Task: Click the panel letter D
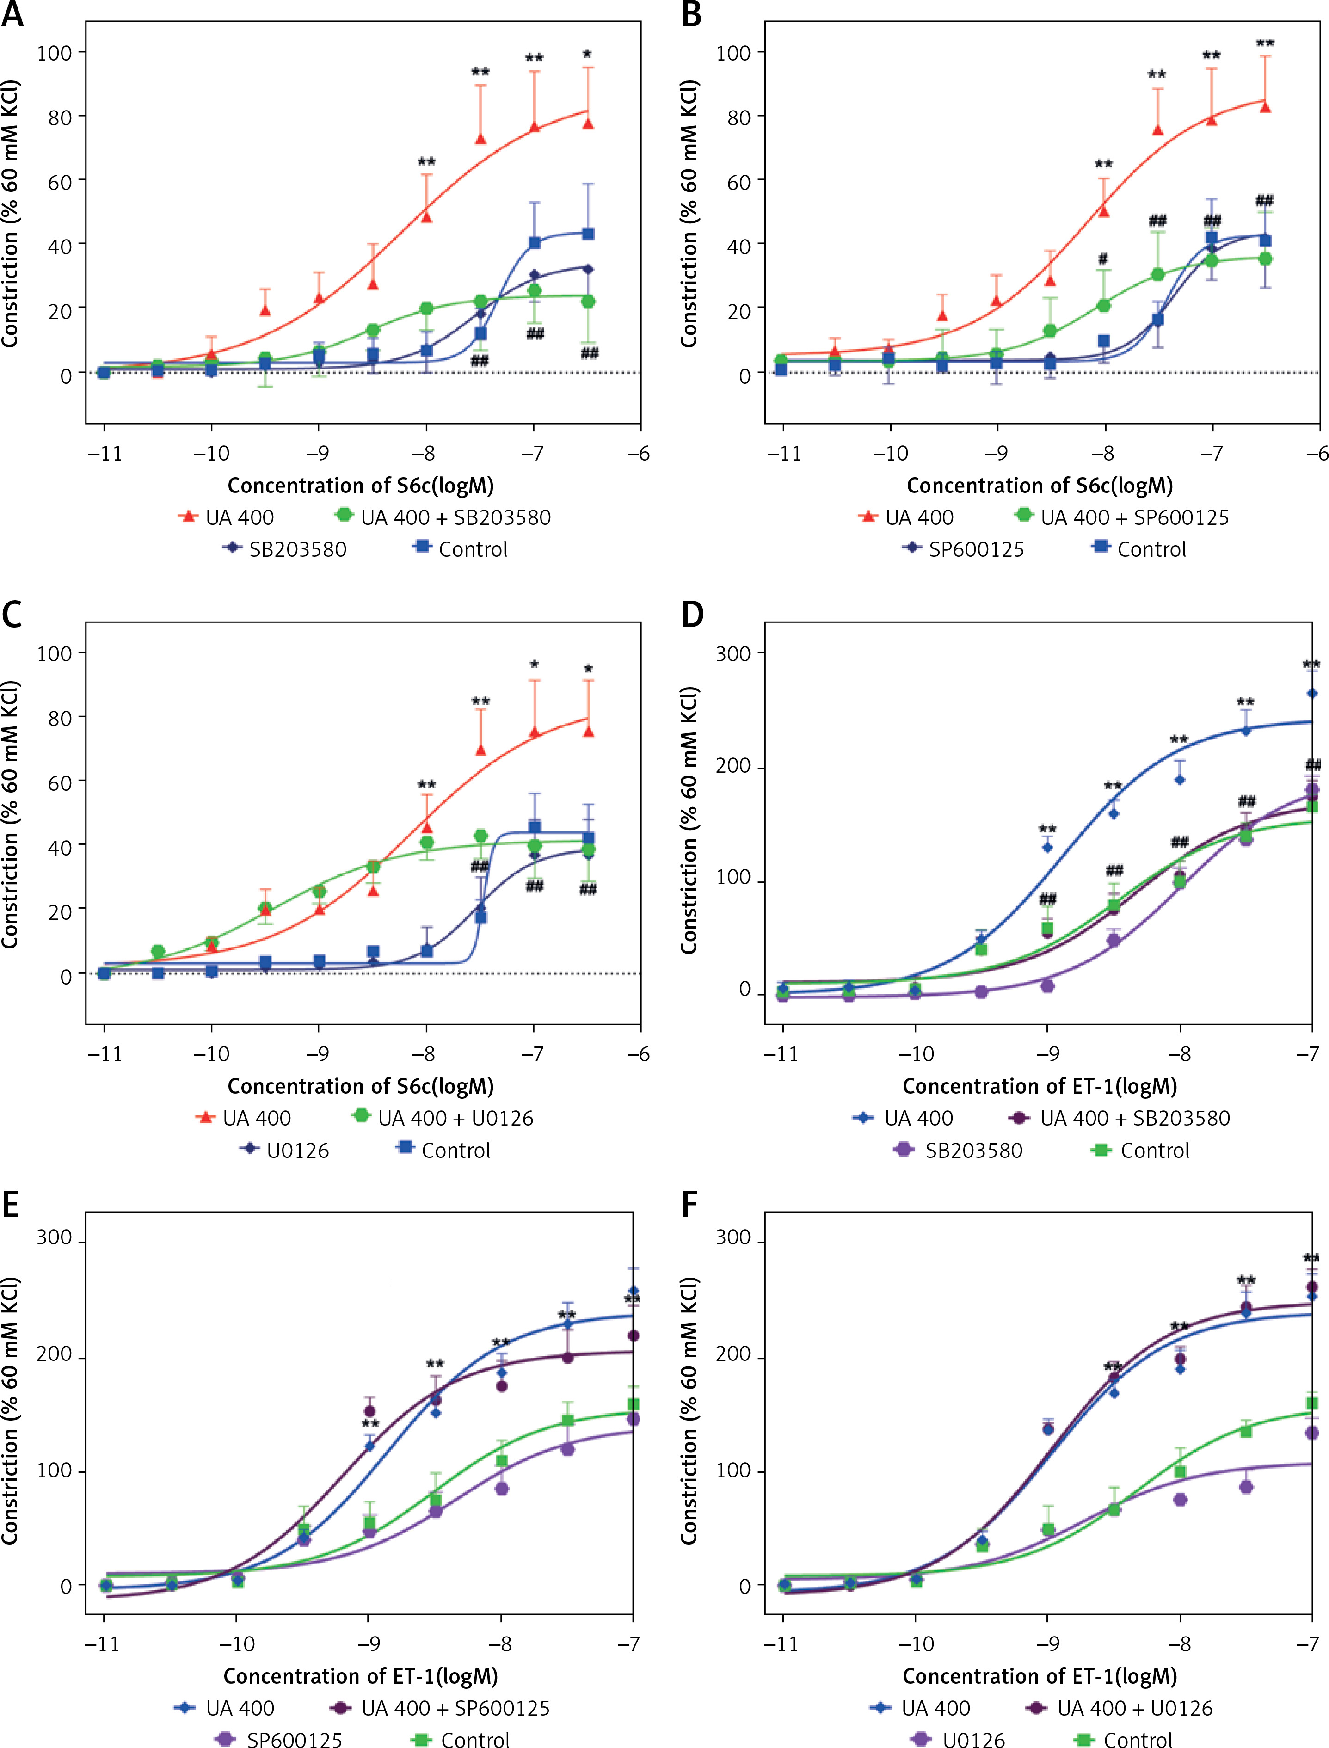tap(692, 615)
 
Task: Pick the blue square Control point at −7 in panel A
tap(535, 243)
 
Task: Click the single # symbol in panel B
tap(1103, 259)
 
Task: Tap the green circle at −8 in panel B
tap(1103, 305)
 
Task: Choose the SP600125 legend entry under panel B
tap(975, 549)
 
